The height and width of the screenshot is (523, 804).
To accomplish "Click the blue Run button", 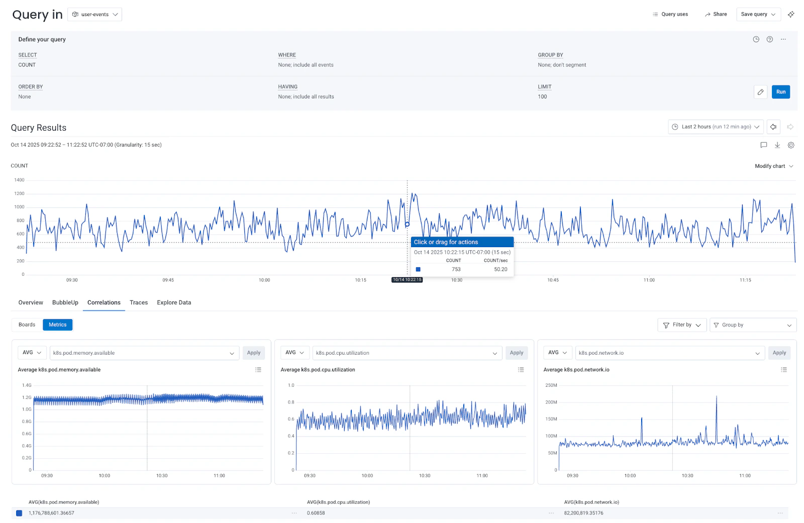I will tap(780, 92).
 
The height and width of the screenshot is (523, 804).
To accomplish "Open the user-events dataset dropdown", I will tap(94, 15).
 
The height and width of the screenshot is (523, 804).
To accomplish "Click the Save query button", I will tap(758, 15).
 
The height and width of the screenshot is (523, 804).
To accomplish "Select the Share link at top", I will tap(716, 15).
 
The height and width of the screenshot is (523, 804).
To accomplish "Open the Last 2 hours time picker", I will tap(716, 127).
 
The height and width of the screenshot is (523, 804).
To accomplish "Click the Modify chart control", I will tap(773, 166).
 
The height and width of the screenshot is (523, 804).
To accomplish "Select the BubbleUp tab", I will tap(65, 302).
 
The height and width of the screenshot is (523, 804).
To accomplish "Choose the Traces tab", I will tap(139, 302).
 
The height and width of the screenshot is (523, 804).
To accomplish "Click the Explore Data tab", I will tap(174, 302).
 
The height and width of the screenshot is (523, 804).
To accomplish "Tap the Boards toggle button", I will tap(27, 325).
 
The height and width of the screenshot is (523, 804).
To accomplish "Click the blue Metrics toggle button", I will tap(58, 325).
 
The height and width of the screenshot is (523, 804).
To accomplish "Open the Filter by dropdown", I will tap(681, 325).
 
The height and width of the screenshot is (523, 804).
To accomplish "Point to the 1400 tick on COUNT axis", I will tap(19, 180).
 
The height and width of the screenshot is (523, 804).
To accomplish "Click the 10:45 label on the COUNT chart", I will tap(553, 280).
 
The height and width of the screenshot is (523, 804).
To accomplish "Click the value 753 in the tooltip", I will tap(456, 269).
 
